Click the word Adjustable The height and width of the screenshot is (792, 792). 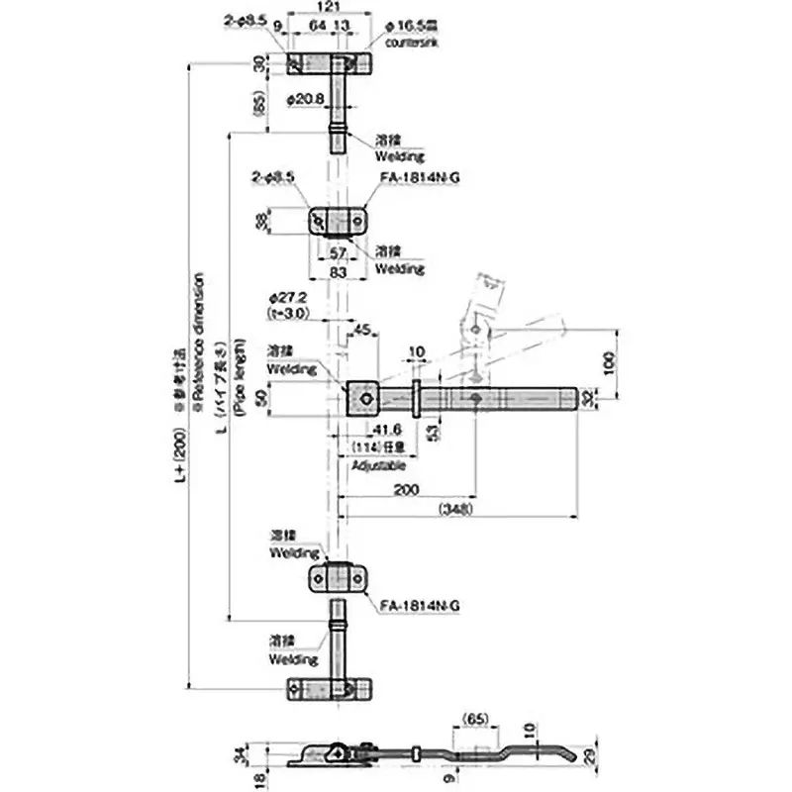(377, 463)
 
